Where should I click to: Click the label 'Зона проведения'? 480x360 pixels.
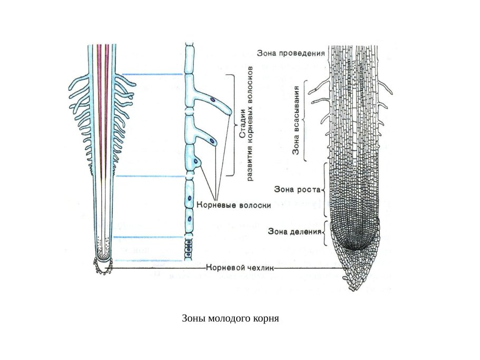(291, 53)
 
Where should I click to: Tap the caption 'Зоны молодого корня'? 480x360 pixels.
(230, 319)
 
